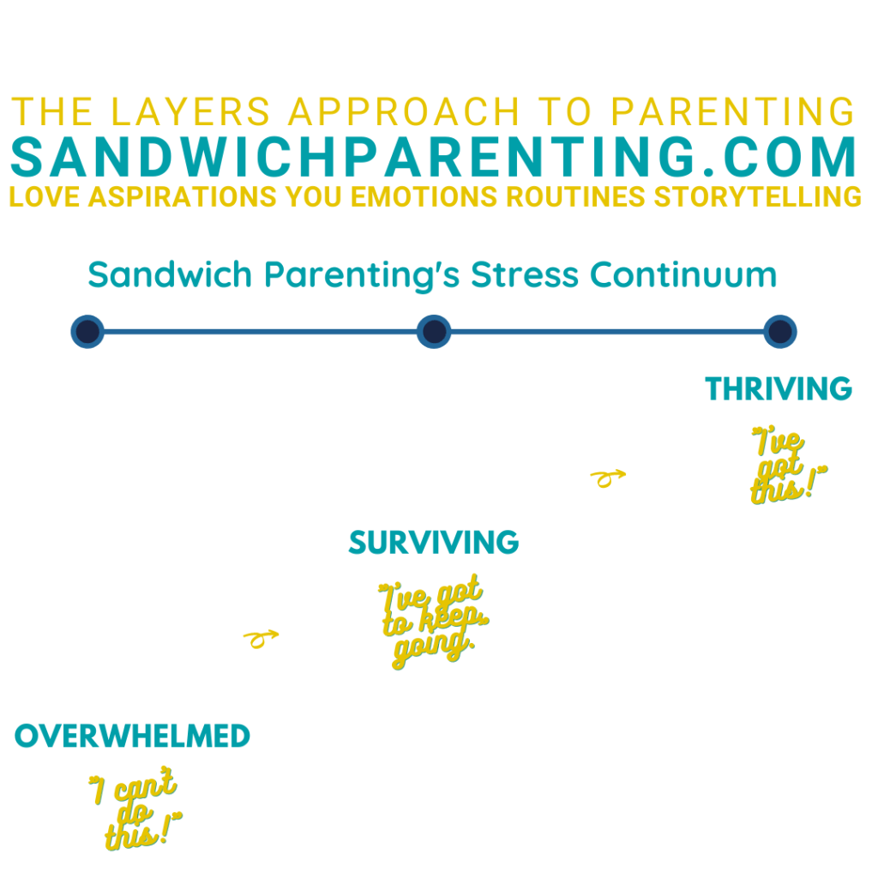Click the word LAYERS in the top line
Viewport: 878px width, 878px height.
click(x=191, y=111)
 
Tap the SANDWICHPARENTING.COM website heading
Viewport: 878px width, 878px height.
click(x=434, y=157)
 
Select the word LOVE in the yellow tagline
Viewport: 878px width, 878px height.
click(x=45, y=197)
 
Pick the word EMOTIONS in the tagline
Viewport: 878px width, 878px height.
click(x=424, y=197)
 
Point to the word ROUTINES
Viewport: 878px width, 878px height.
click(x=575, y=197)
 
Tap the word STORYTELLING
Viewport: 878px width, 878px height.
click(x=758, y=197)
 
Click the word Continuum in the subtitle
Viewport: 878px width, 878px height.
click(x=683, y=275)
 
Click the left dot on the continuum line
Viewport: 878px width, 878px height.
click(x=87, y=332)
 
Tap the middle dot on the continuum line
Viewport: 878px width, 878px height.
click(x=434, y=332)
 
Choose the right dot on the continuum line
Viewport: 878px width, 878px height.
click(x=780, y=332)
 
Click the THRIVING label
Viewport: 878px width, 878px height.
click(x=779, y=388)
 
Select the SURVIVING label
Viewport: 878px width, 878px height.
click(x=434, y=543)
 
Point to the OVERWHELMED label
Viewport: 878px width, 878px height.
click(x=132, y=736)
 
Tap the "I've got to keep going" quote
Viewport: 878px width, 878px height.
click(x=432, y=622)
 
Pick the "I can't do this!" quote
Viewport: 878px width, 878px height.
click(x=136, y=809)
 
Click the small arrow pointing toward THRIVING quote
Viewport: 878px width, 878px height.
click(x=608, y=478)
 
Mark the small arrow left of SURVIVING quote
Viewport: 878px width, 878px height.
click(x=261, y=639)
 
